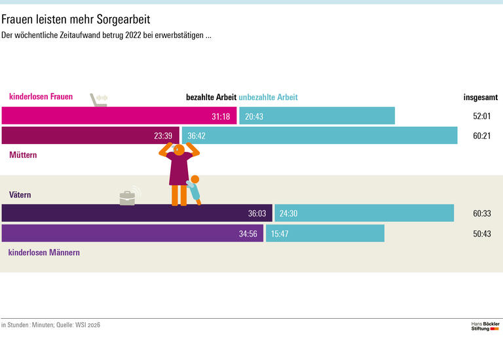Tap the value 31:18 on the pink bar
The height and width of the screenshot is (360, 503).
[221, 117]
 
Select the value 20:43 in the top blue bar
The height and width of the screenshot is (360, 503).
[254, 117]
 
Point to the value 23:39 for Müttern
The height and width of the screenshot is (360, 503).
[163, 136]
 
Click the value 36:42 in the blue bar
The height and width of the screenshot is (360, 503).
[196, 136]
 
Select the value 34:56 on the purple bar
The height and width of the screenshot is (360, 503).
[248, 234]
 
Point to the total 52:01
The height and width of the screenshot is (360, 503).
[481, 117]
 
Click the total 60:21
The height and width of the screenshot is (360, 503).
[481, 136]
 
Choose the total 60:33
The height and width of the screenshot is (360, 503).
[481, 213]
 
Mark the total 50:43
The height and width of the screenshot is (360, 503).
[481, 234]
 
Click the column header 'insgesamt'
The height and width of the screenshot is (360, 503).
[480, 98]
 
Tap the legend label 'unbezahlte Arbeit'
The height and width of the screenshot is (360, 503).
[268, 98]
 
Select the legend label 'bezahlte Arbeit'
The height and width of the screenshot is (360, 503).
[211, 98]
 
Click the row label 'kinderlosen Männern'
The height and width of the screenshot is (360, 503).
[44, 252]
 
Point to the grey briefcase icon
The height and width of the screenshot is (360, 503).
[128, 197]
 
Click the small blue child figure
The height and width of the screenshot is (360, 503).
[194, 189]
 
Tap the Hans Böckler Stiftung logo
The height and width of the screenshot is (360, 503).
[485, 325]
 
